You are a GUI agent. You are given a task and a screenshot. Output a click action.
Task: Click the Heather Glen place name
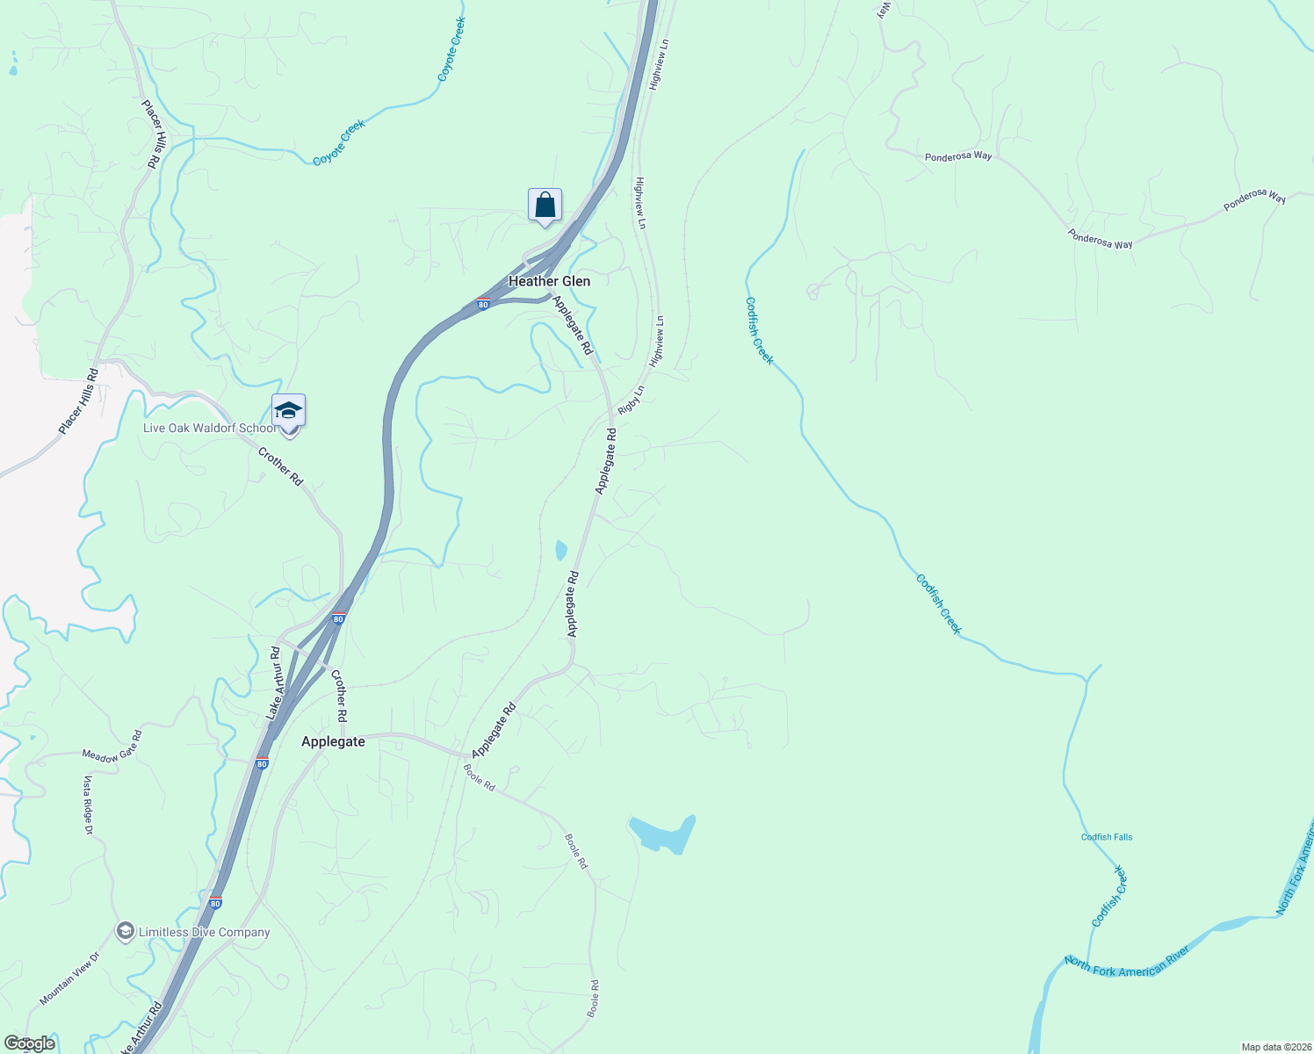tap(549, 281)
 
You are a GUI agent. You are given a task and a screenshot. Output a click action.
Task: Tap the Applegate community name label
tap(333, 741)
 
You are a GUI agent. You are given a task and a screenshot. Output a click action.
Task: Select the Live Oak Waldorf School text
tap(209, 429)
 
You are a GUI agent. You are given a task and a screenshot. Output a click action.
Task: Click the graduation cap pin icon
tap(288, 411)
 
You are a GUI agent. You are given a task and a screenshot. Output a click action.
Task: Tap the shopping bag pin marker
tap(545, 206)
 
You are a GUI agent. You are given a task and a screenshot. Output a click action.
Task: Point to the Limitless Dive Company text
tap(204, 933)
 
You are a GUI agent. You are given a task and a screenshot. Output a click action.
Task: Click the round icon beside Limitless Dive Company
tap(126, 931)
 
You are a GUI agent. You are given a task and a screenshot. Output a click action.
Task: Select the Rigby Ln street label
tap(631, 401)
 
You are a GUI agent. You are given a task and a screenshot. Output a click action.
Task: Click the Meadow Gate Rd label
tap(112, 746)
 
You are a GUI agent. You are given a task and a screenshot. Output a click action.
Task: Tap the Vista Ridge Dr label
tap(88, 804)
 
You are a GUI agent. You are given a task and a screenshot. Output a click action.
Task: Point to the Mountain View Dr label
tap(69, 978)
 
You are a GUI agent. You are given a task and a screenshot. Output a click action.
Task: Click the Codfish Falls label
tap(1107, 837)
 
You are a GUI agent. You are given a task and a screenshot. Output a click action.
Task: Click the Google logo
tap(29, 1043)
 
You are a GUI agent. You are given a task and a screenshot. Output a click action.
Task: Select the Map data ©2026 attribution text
tap(1274, 1047)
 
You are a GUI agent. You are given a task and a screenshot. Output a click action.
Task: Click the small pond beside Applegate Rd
tap(560, 551)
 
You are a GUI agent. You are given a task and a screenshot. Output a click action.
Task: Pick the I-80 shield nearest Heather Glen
tap(483, 304)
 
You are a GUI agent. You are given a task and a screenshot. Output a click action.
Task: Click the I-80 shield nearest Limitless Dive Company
tap(216, 902)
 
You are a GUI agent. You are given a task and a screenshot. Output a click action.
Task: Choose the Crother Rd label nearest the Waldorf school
tap(280, 466)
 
